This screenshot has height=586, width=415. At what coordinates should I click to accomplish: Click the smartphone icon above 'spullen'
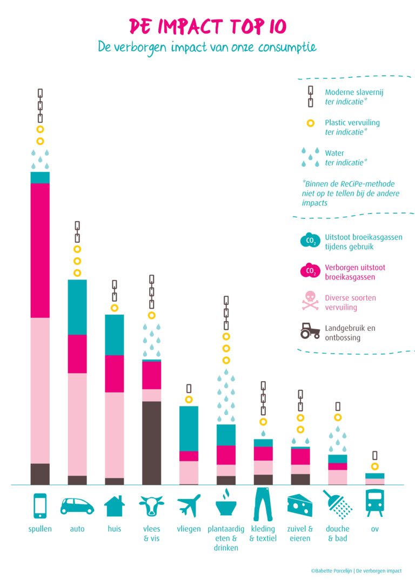tap(40, 505)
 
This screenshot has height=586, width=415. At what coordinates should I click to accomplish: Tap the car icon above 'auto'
tap(77, 506)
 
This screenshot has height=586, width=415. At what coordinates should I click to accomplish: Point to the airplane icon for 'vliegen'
tap(189, 506)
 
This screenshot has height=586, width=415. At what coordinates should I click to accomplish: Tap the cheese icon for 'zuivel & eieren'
tap(299, 505)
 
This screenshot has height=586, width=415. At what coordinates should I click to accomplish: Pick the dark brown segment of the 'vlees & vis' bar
tap(151, 443)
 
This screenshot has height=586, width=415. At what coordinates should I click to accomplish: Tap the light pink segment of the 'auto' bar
tap(77, 424)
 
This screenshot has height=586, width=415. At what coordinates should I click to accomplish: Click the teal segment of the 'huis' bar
tap(114, 335)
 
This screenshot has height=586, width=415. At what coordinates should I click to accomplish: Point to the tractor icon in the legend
tap(310, 331)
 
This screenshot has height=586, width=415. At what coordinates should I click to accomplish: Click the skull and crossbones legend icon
tap(310, 302)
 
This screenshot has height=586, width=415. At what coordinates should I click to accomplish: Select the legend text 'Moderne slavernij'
tap(354, 92)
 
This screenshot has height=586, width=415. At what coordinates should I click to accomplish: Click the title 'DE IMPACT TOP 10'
tap(207, 25)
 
